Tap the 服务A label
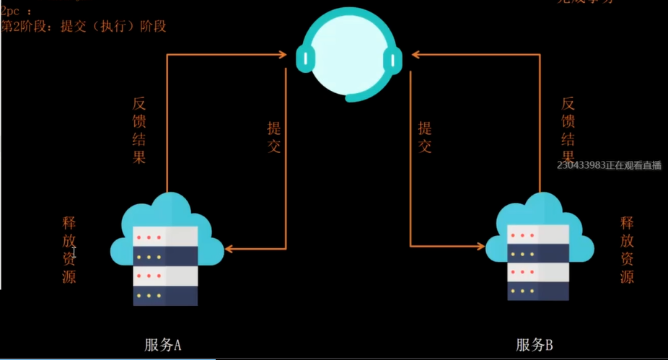point(162,344)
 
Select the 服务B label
point(535,344)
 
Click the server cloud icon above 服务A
point(164,249)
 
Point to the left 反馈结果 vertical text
point(139,131)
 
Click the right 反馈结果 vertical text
point(568,131)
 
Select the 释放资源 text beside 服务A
point(69,250)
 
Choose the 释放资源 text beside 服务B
point(627,250)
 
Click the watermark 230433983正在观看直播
point(609,165)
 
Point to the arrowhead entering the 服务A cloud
point(229,249)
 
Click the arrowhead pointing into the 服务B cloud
point(480,246)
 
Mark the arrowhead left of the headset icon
point(284,53)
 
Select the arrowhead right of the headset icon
point(417,53)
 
